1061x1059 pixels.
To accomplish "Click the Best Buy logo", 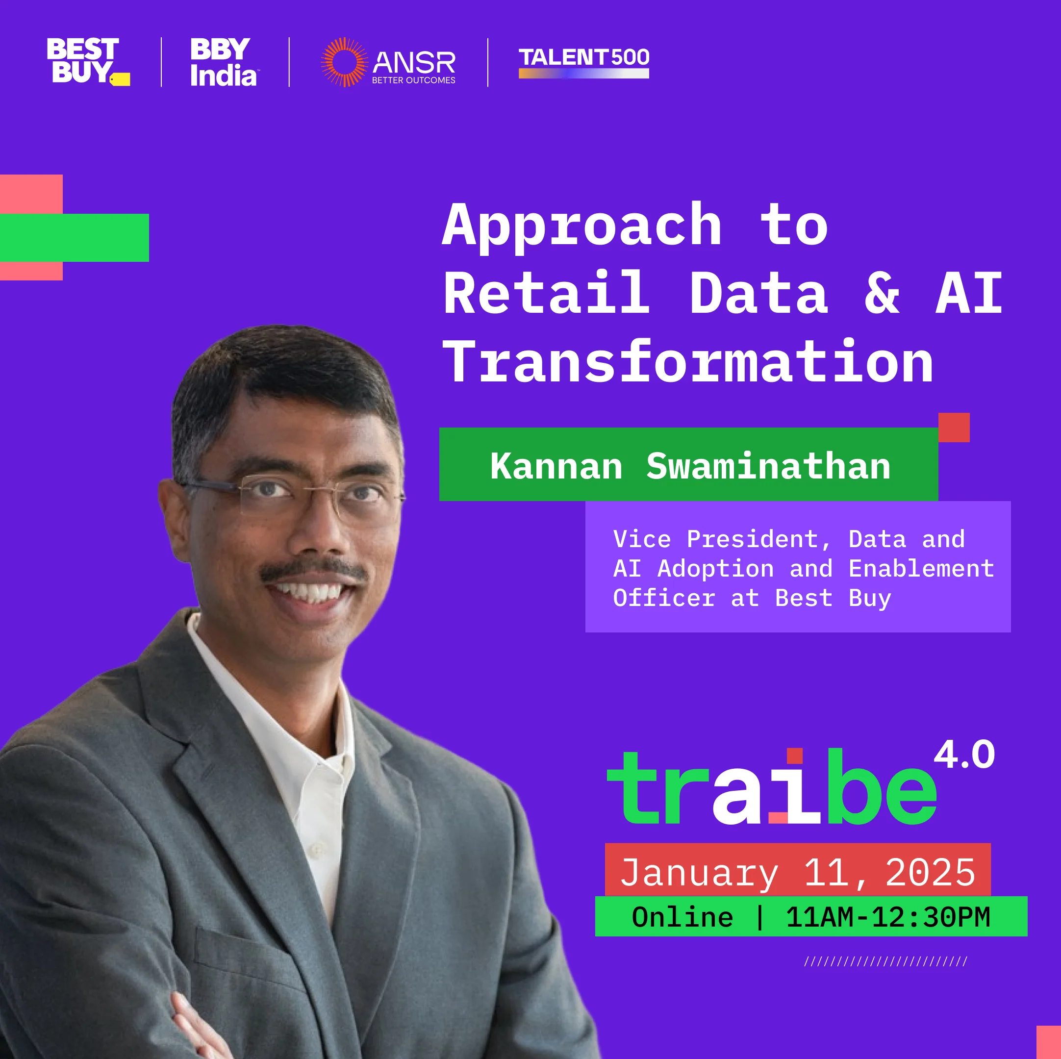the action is pyautogui.click(x=88, y=61).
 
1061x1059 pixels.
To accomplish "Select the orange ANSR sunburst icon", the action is pyautogui.click(x=344, y=62).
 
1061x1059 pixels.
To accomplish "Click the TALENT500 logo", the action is pyautogui.click(x=584, y=62).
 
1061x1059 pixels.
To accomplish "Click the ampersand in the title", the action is pyautogui.click(x=882, y=294).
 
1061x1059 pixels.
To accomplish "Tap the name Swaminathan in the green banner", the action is pyautogui.click(x=768, y=466).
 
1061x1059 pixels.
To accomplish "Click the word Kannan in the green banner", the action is pyautogui.click(x=556, y=466).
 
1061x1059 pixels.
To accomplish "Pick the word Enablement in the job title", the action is pyautogui.click(x=921, y=569).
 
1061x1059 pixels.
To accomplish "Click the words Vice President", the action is pyautogui.click(x=723, y=540).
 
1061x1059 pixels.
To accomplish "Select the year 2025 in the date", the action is pyautogui.click(x=930, y=873).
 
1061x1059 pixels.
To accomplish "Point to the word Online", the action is pyautogui.click(x=682, y=918).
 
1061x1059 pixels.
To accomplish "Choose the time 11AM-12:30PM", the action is pyautogui.click(x=888, y=918).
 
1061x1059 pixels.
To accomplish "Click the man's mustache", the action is pyautogui.click(x=314, y=571).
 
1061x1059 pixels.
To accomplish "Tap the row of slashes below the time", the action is pyautogui.click(x=886, y=962).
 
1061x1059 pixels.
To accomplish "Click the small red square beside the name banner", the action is pyautogui.click(x=954, y=428).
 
